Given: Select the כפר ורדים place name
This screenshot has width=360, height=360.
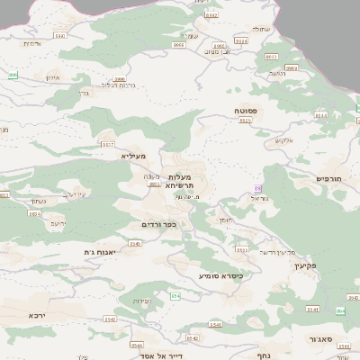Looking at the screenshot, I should pyautogui.click(x=158, y=224).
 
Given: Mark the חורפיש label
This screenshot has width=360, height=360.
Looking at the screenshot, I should pyautogui.click(x=329, y=178).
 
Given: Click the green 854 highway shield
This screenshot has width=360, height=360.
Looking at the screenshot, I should pyautogui.click(x=175, y=295).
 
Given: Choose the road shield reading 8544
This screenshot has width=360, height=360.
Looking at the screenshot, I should pyautogui.click(x=137, y=345).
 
